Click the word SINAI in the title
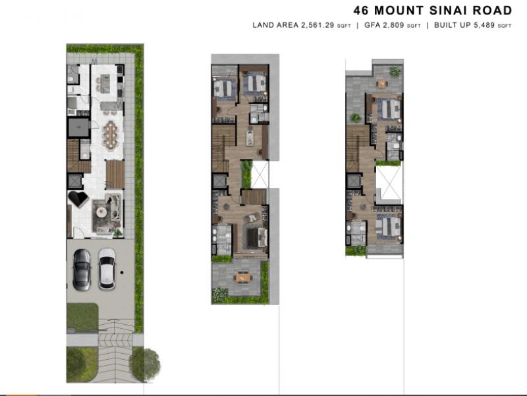[449, 11]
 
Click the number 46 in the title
[361, 11]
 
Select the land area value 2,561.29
[318, 25]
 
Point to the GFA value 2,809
[393, 25]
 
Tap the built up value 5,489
[484, 25]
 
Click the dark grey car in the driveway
[82, 269]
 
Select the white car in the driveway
[107, 269]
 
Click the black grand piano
[78, 199]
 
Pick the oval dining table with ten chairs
[111, 135]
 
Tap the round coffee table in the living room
[101, 212]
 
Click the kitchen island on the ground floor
[105, 84]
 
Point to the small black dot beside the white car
[122, 273]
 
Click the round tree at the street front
[145, 364]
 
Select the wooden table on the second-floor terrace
[243, 277]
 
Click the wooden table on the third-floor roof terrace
[382, 84]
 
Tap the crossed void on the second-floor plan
[260, 174]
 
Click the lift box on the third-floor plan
[354, 181]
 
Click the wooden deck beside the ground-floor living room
[115, 175]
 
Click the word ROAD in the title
[492, 11]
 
